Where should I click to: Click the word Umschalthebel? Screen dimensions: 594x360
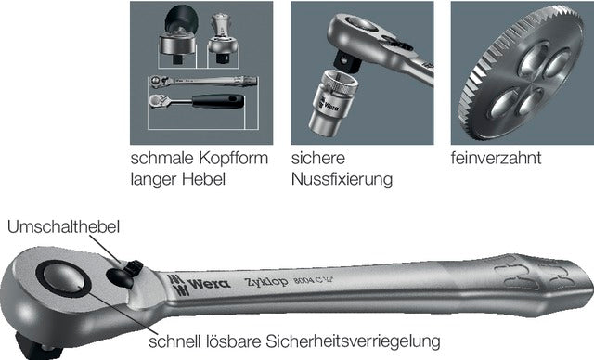coord(64,227)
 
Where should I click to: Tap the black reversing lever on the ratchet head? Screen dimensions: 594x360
coord(134,268)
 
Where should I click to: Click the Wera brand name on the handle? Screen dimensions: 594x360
coord(209,284)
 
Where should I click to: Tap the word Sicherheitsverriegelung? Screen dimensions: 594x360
coord(353,341)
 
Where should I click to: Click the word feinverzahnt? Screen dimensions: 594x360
coord(496,158)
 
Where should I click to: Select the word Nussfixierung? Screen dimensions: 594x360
coord(342,179)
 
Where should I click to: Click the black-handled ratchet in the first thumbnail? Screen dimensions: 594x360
coord(196,101)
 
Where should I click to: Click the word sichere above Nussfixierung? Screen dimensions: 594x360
coord(318,159)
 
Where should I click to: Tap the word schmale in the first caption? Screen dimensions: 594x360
coord(162,159)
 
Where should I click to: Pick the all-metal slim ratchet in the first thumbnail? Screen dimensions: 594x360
coord(203,81)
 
